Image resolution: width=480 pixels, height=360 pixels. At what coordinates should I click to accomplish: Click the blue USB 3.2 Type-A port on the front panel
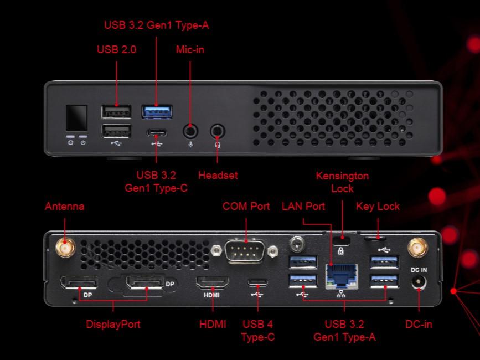click(157, 111)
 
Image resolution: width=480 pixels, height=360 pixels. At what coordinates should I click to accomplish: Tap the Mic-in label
click(190, 50)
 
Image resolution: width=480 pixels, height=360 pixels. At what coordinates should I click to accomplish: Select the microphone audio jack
click(191, 131)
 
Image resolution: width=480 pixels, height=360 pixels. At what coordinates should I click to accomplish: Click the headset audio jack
click(218, 131)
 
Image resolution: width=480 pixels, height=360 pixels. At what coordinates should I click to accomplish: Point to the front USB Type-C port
click(157, 133)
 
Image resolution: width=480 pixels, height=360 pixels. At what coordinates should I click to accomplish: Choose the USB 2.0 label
click(116, 50)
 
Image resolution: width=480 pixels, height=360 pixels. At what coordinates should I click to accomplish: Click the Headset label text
click(218, 175)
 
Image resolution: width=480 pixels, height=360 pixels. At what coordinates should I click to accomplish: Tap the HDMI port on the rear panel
click(213, 282)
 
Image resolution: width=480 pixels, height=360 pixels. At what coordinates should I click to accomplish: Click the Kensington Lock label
click(342, 182)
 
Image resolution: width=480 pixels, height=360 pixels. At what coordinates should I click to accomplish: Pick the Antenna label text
click(65, 207)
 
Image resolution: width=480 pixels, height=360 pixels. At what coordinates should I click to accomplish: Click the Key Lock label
click(378, 207)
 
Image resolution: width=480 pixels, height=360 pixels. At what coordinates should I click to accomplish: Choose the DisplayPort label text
click(113, 325)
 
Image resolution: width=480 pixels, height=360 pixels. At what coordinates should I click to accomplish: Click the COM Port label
click(246, 207)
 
